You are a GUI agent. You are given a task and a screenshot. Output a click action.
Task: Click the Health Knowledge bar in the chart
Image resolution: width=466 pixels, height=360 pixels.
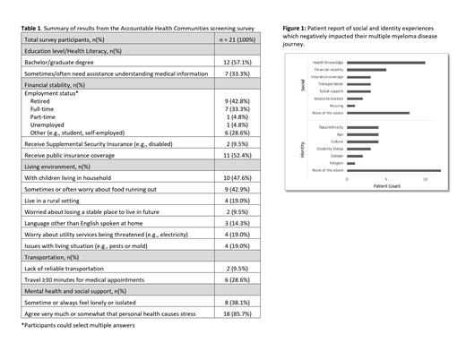pos(385,62)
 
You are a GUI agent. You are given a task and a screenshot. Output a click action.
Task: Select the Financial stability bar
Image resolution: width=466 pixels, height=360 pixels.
pos(366,69)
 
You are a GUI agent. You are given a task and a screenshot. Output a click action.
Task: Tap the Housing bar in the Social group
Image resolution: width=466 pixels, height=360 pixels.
pos(350,105)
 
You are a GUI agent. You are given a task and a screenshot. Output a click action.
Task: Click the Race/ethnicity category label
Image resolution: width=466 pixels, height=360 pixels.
pos(328,127)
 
